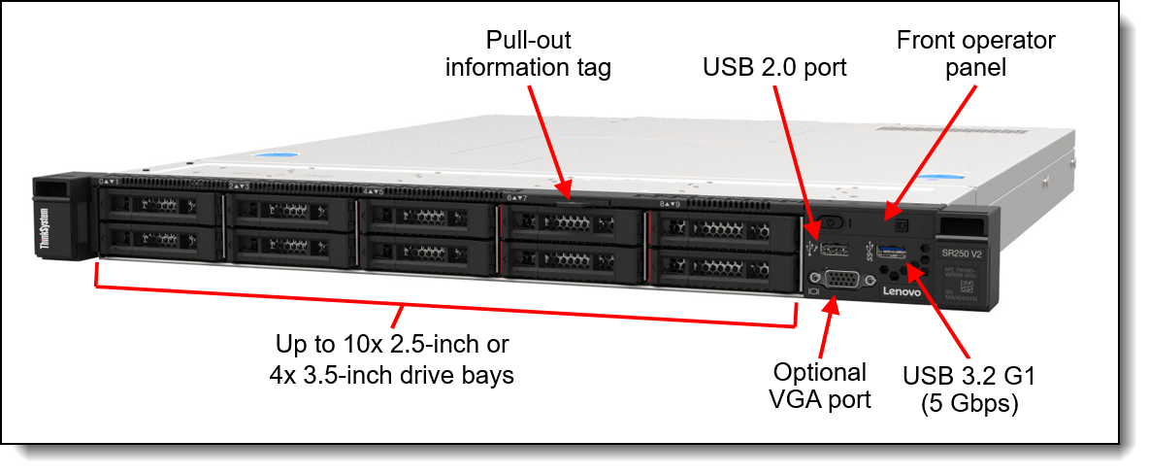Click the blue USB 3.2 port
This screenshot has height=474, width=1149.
[x=895, y=255]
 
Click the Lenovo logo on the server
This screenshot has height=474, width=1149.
[x=901, y=291]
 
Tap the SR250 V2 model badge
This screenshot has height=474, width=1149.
[x=959, y=252]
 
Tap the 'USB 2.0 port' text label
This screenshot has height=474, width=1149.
[x=774, y=68]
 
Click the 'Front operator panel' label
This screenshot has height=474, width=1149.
[x=974, y=53]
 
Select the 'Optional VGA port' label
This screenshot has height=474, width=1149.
[x=820, y=386]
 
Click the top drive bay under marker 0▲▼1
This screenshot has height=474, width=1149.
[x=160, y=206]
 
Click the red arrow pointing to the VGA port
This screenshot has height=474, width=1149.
[x=826, y=330]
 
